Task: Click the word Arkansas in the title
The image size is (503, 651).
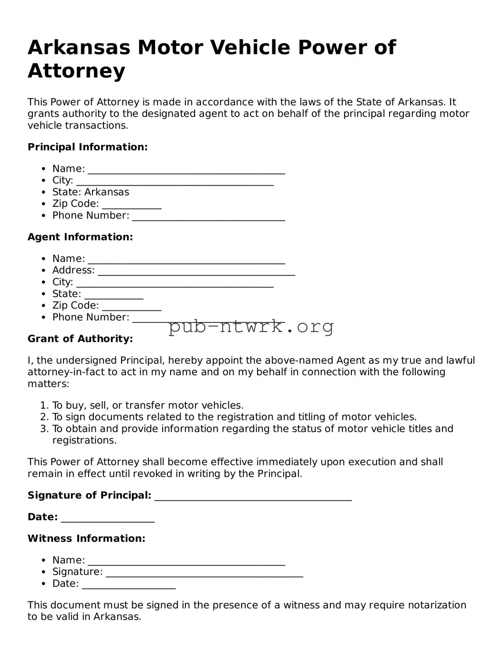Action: (x=79, y=48)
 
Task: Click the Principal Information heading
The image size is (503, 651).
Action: (x=87, y=147)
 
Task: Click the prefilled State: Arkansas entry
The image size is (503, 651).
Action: (x=91, y=192)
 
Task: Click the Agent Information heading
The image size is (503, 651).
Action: (x=80, y=237)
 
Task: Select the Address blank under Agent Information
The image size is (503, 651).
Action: (x=196, y=271)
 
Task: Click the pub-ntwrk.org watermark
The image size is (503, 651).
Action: (x=251, y=327)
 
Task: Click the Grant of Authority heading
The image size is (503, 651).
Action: (x=80, y=339)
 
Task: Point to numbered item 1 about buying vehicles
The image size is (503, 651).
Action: (x=148, y=405)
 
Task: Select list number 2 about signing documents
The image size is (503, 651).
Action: (x=234, y=417)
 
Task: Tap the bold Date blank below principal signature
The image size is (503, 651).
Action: (x=108, y=518)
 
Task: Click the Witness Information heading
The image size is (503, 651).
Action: (x=86, y=538)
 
